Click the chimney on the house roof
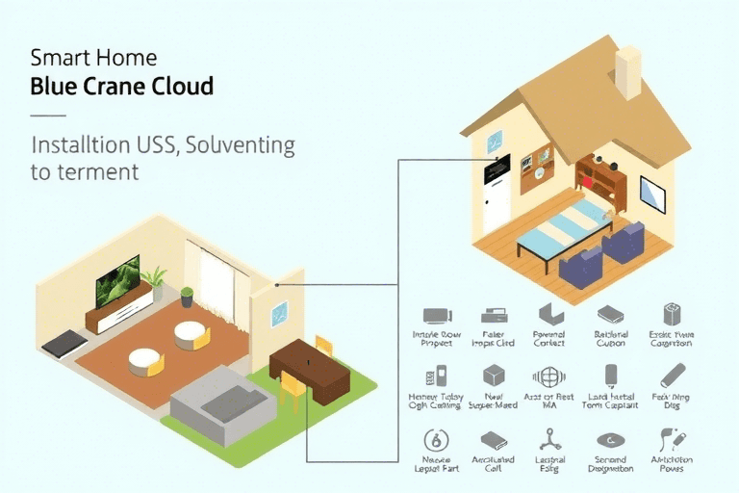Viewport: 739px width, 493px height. click(x=629, y=72)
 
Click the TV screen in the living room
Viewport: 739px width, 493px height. click(x=117, y=279)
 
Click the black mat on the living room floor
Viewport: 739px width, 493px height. click(x=65, y=343)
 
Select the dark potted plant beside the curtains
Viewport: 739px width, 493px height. click(x=187, y=297)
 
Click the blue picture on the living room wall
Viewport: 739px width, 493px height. click(x=279, y=313)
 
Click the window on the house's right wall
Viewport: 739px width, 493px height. click(x=653, y=195)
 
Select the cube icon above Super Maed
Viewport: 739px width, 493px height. click(x=494, y=375)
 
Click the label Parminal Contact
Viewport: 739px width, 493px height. click(x=549, y=339)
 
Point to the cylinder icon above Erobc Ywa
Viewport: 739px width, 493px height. click(x=671, y=314)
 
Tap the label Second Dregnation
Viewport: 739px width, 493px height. click(x=610, y=466)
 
